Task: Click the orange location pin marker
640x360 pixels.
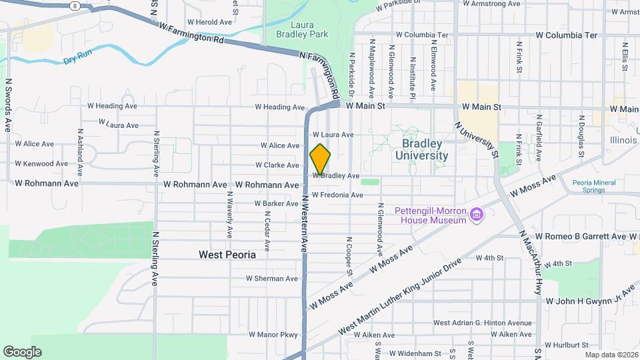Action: [321, 159]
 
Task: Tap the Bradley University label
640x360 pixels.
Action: [421, 149]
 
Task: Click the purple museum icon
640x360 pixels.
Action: [477, 215]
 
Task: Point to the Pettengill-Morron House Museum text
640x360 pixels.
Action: [430, 215]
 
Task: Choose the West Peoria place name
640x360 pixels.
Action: [227, 255]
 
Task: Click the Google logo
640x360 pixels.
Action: [22, 352]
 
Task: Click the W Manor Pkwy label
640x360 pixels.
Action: [273, 334]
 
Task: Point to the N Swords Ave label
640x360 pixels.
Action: [9, 105]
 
